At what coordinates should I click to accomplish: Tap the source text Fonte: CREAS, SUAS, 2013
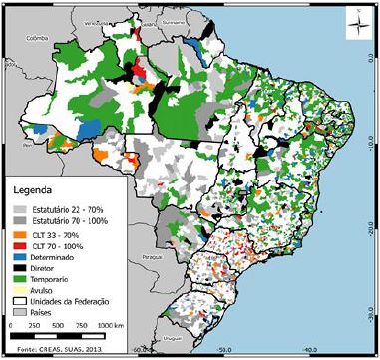click(61, 349)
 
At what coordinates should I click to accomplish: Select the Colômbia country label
click(38, 39)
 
